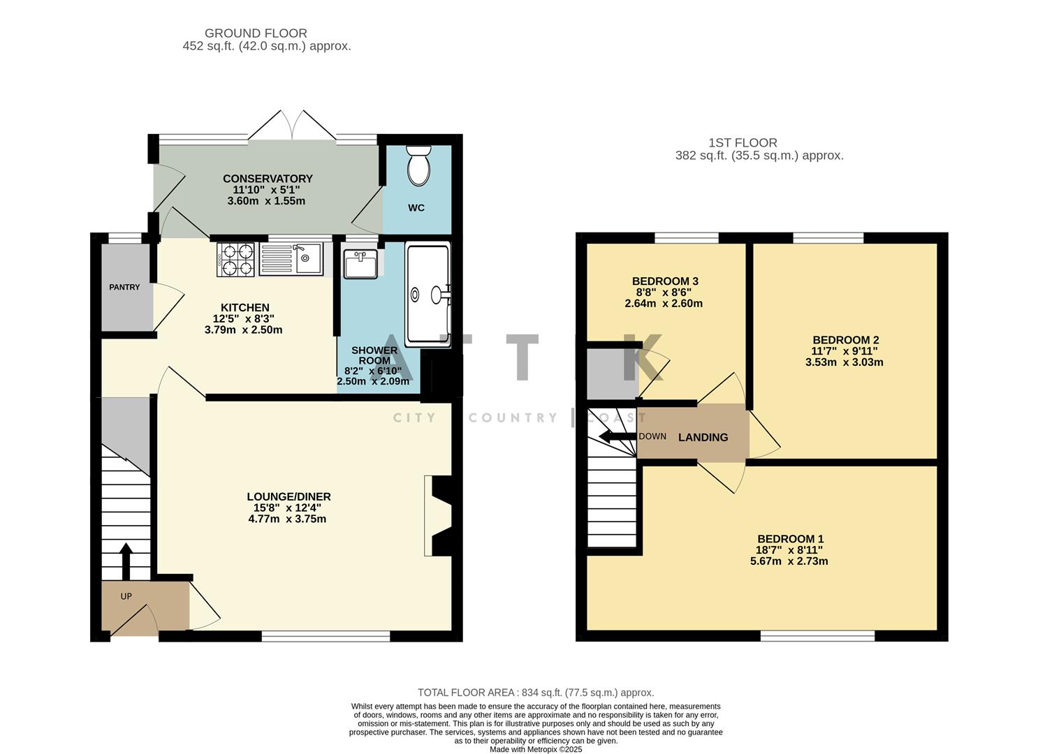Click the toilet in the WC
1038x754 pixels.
click(x=418, y=165)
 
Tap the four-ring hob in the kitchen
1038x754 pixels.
click(x=236, y=259)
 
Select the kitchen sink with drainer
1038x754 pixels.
click(x=291, y=258)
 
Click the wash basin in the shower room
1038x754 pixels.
click(x=360, y=263)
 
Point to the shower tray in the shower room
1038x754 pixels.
click(x=427, y=294)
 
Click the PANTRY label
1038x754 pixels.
click(x=124, y=287)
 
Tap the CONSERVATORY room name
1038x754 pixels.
click(x=267, y=179)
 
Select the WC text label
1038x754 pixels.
click(x=416, y=208)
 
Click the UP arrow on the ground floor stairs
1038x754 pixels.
click(x=126, y=561)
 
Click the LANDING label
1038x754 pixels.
click(x=703, y=437)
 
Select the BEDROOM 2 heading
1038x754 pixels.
click(x=845, y=340)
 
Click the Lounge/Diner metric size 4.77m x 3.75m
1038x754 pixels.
click(x=288, y=519)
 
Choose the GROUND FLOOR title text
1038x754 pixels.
click(x=256, y=33)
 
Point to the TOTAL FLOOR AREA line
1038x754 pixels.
click(x=536, y=693)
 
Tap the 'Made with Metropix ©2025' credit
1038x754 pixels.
click(x=536, y=749)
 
